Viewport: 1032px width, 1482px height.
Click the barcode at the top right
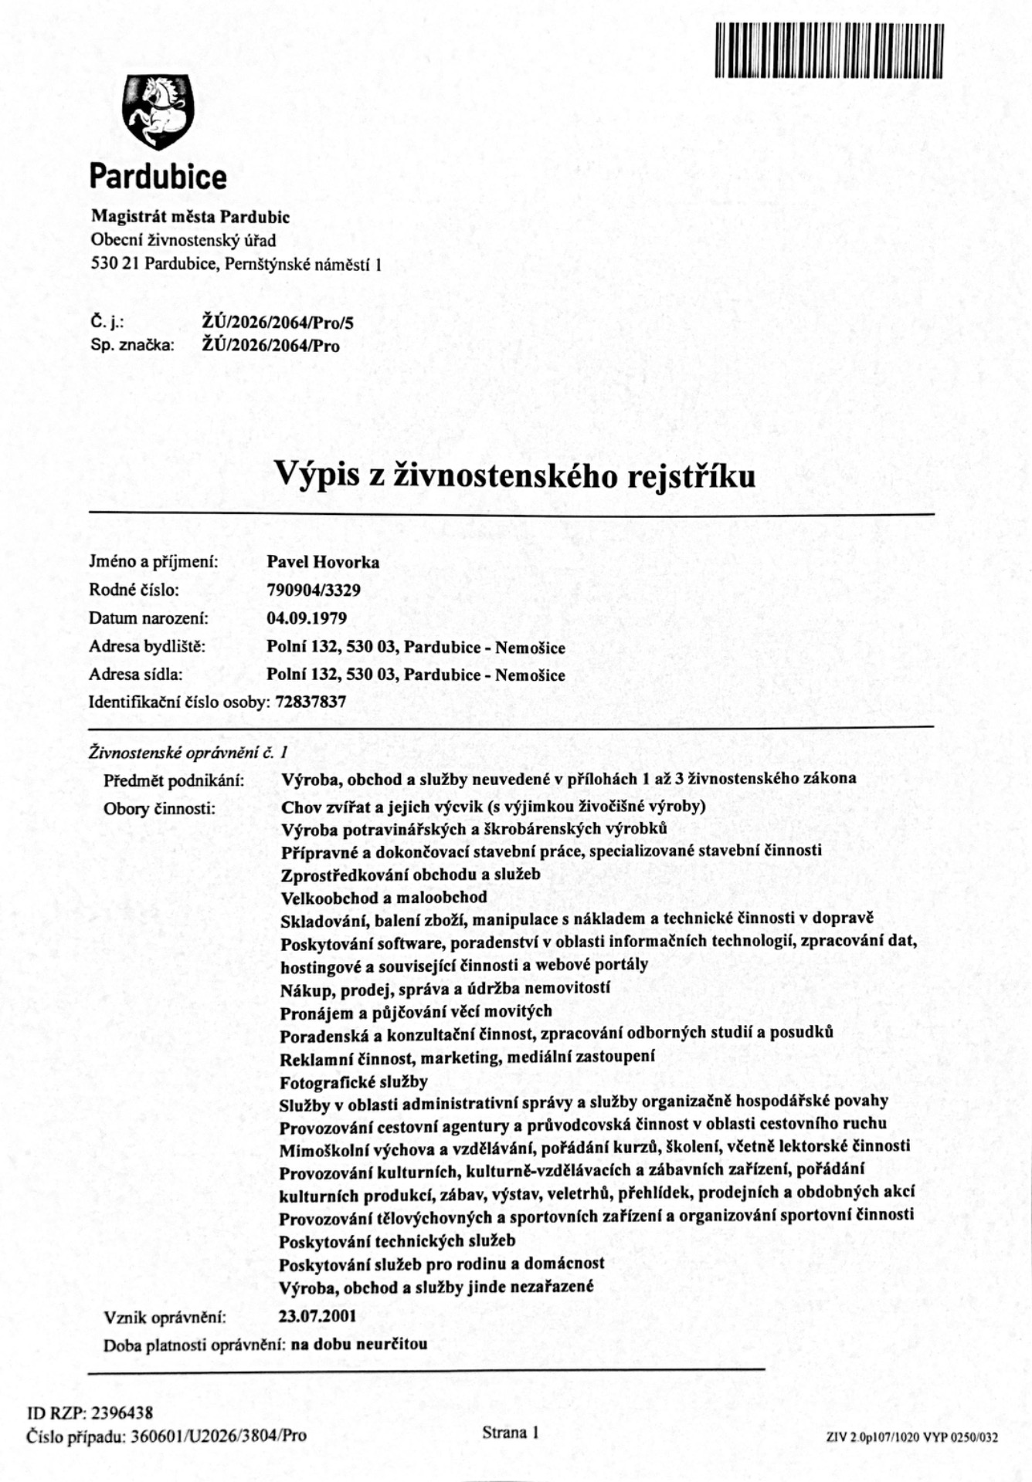coord(829,51)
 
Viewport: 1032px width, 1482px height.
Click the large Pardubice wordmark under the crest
coord(158,177)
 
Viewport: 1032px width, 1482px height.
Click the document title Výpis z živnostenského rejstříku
coord(515,475)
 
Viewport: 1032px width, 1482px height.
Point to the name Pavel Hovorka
coord(323,562)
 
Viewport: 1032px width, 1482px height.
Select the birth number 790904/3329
coord(314,590)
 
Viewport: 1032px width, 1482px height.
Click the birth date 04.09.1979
coord(307,618)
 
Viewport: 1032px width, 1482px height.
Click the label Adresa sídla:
coord(136,675)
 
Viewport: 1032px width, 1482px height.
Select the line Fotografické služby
coord(354,1081)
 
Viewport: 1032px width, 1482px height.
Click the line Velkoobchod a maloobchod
coord(384,897)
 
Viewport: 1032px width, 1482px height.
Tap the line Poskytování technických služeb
coord(397,1241)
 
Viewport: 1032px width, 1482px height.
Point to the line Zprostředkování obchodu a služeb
coord(410,875)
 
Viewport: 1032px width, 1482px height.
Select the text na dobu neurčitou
coord(359,1344)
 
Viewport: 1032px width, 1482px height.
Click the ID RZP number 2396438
coord(122,1413)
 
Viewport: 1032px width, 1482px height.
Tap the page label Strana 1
coord(510,1433)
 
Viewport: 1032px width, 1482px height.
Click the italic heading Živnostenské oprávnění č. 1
coord(188,751)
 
